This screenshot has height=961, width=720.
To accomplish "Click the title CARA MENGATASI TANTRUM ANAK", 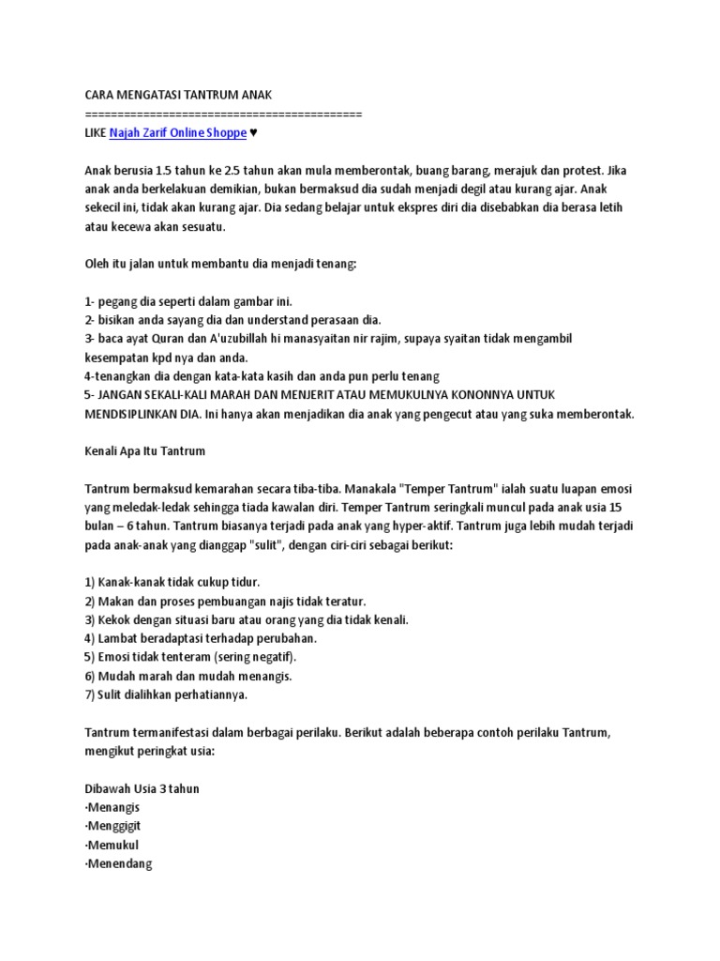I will (x=177, y=96).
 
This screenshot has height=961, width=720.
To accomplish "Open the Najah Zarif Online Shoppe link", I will (x=178, y=133).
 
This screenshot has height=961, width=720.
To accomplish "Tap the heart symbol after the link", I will (x=254, y=133).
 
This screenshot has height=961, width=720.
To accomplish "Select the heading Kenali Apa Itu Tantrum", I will (x=144, y=451).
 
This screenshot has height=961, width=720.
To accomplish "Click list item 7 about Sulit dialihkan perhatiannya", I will (x=166, y=695).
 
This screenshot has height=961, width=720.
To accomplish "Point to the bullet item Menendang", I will (x=118, y=864).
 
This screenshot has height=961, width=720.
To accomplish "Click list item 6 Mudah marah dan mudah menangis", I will (x=188, y=677).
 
